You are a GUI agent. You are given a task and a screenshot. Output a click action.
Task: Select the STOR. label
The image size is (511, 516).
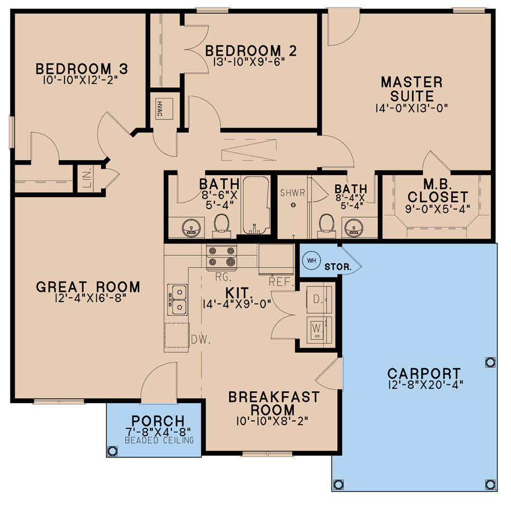coord(338,266)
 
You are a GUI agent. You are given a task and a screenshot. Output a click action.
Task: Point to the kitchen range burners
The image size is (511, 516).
coord(221,256)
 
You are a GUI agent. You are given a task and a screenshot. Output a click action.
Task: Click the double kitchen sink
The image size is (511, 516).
coord(177,299)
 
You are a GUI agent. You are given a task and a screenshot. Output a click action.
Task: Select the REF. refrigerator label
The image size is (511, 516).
coord(281,282)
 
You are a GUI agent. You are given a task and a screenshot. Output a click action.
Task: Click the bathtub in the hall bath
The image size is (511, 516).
coord(256,205)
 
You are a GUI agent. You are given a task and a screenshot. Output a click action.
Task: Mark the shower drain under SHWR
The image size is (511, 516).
coord(293,205)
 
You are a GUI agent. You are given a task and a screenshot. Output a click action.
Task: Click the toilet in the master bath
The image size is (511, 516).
coord(326,224)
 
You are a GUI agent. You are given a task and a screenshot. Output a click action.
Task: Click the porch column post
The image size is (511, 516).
coord(112,450)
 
